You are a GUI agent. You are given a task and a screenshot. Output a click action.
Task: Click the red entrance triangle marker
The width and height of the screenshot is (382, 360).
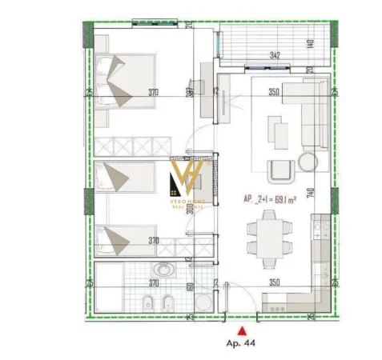239,328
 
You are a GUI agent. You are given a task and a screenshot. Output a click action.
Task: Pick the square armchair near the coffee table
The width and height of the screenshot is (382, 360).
279,170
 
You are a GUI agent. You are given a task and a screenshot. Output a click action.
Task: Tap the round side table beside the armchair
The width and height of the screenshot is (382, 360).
307,162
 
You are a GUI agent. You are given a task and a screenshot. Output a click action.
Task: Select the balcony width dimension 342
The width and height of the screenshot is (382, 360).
274,55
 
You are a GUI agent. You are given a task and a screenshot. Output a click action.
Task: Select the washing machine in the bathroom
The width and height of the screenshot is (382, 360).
203,302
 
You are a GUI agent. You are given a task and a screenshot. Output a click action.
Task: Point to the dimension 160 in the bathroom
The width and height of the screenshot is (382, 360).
189,289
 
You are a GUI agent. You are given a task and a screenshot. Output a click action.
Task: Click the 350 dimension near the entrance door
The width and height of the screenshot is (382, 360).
274,282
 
